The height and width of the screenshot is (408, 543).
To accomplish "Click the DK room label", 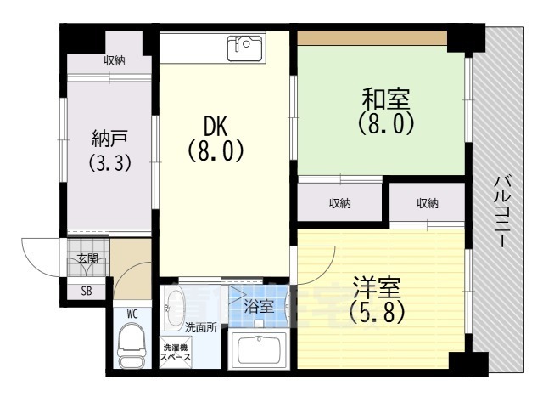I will [x=215, y=126].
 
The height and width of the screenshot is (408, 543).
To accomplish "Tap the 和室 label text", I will [x=384, y=99].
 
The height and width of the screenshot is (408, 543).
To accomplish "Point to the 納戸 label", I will [x=109, y=139].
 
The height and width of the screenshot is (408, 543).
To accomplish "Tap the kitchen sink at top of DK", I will [x=245, y=47].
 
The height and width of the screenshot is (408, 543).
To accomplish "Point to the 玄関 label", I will [x=87, y=258].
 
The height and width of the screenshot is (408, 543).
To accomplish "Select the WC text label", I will [x=132, y=314].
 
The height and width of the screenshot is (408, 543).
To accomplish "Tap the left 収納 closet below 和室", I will [x=340, y=203].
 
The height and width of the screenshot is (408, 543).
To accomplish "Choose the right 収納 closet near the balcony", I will [x=428, y=203].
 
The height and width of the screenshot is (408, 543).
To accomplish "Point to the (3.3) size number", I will [x=109, y=162].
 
